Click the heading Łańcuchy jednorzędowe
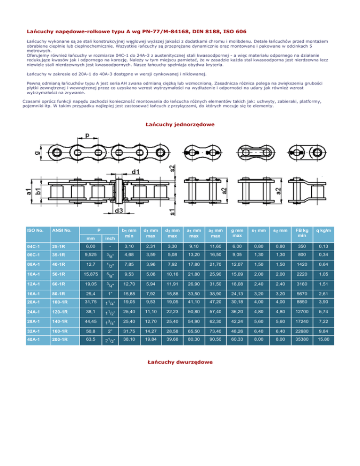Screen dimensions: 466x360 pos(180,124)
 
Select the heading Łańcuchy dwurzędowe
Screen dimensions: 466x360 pos(180,362)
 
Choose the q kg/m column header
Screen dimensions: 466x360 pos(323,230)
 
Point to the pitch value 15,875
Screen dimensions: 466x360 pos(89,273)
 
